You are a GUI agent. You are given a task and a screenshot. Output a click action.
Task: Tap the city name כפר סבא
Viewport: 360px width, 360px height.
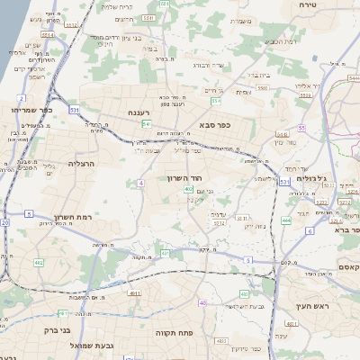coord(212,125)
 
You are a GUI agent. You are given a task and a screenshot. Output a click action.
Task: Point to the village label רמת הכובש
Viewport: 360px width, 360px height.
coord(282,40)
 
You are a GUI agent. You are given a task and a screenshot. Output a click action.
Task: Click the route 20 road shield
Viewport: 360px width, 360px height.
coord(4,222)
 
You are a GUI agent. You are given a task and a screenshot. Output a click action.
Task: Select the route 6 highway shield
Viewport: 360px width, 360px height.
coord(309,230)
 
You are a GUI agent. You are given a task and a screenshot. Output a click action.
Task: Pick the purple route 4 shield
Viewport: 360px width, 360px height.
coord(140,183)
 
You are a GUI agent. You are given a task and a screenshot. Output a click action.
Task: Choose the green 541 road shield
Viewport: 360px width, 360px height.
coord(145,123)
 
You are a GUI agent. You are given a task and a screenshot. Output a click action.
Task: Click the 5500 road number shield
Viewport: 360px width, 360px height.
coord(262,88)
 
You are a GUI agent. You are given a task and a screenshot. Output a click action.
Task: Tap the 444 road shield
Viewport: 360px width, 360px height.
coord(285,219)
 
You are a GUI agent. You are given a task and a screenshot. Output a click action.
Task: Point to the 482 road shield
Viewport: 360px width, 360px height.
coord(39,263)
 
